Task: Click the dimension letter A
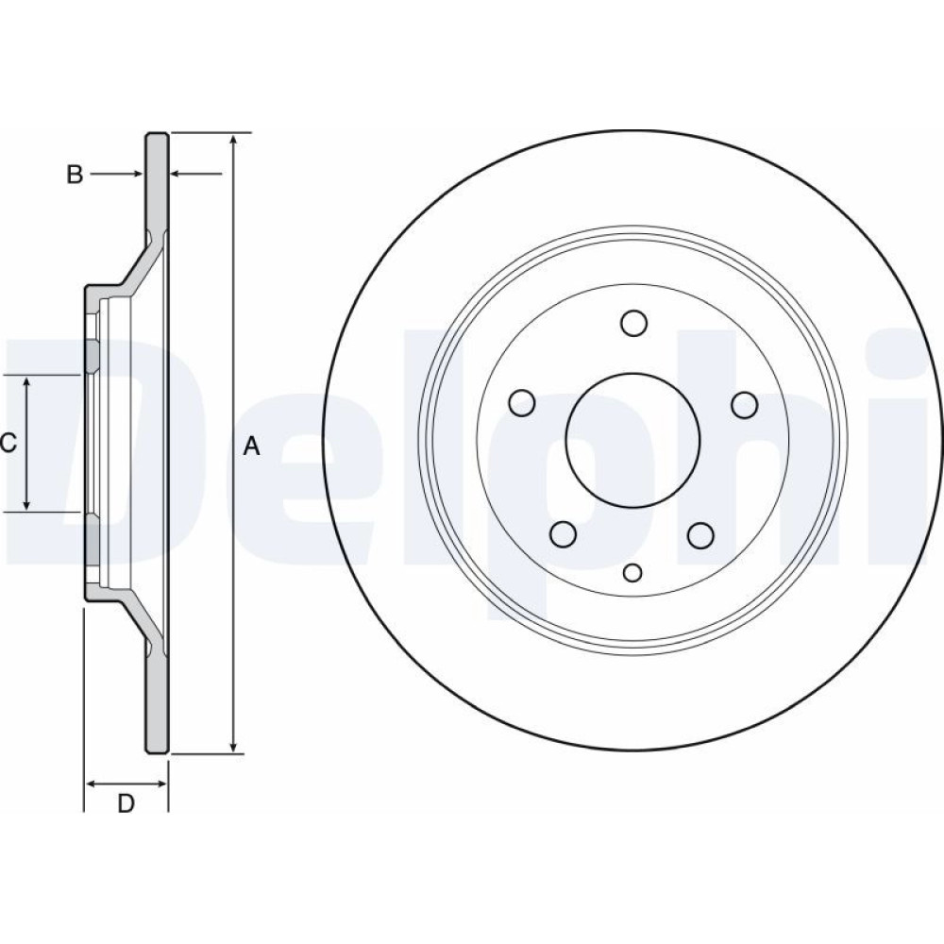[252, 447]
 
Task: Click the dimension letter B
[75, 175]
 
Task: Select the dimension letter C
[8, 444]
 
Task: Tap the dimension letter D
[126, 803]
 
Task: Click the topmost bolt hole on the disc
[633, 323]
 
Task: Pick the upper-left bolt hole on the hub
[521, 403]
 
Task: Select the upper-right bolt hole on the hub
[745, 405]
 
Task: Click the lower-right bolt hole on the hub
[700, 535]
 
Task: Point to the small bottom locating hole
[632, 573]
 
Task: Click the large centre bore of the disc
[632, 440]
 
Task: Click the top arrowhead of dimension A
[234, 140]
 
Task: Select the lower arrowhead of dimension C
[26, 504]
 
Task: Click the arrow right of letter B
[116, 174]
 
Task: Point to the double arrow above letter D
[126, 784]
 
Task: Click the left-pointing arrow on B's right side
[196, 174]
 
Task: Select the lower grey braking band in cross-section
[157, 699]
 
